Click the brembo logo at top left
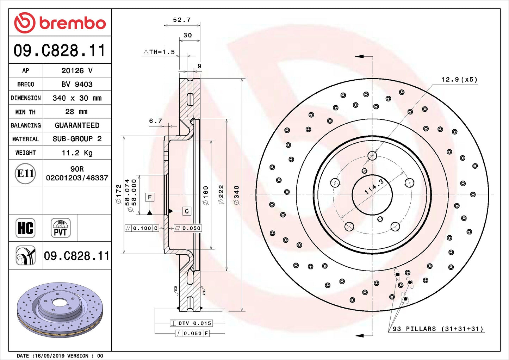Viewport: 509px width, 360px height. click(x=60, y=23)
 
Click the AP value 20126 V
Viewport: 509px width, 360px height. click(x=77, y=70)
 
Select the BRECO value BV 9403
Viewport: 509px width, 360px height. click(x=77, y=84)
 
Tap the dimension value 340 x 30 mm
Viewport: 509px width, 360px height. click(x=77, y=98)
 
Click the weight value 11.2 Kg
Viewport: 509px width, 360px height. click(x=77, y=153)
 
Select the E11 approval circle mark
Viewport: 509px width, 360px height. click(x=26, y=173)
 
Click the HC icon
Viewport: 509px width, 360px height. click(x=26, y=228)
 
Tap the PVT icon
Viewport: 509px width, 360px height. click(x=60, y=228)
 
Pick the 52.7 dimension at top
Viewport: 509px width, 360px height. click(x=182, y=20)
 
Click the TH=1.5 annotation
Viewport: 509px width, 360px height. click(x=159, y=52)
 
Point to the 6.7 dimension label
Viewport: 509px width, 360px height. click(x=155, y=121)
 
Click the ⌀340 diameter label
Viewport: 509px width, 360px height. click(x=236, y=195)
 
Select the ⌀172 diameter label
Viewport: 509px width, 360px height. click(x=118, y=194)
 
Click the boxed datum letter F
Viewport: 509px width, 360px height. click(x=150, y=197)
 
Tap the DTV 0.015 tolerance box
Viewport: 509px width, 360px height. click(x=191, y=323)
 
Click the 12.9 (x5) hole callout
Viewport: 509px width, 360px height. click(x=459, y=80)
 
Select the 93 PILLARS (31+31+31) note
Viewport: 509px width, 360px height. click(x=438, y=329)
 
